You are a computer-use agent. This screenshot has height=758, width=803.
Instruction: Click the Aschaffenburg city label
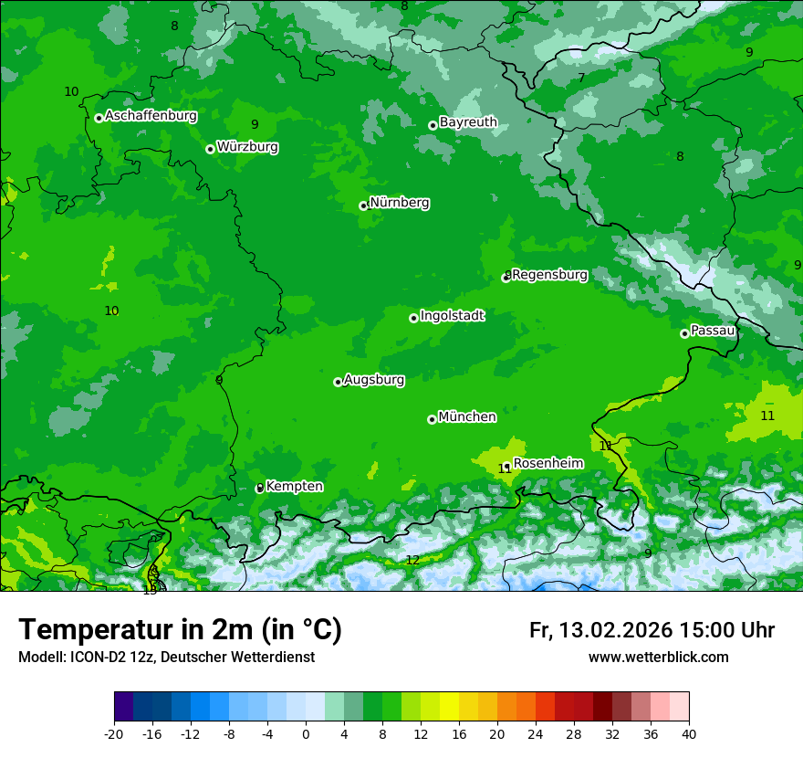pos(151,116)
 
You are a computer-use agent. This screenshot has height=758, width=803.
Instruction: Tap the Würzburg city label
pos(247,147)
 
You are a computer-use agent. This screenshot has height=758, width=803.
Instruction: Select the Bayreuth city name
pos(468,122)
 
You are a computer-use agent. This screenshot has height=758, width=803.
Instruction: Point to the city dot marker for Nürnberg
pos(363,205)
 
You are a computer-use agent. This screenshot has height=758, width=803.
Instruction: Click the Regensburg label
pos(550,275)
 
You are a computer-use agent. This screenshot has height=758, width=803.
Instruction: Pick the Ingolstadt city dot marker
pos(413,318)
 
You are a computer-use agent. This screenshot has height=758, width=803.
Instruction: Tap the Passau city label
pos(713,331)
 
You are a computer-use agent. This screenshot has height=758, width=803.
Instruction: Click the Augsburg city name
pos(374,380)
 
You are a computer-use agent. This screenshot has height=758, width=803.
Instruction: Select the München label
pos(467,417)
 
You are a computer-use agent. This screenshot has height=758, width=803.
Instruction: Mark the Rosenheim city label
pos(547,464)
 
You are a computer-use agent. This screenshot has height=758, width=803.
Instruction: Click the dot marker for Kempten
pos(259,488)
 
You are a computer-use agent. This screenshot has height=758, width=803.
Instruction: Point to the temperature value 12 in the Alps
pos(412,560)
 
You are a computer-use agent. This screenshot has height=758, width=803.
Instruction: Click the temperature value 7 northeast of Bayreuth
pos(581,79)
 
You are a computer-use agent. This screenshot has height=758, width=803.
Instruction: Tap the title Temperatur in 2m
pos(180,630)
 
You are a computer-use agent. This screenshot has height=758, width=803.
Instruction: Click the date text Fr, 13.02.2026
pos(600,631)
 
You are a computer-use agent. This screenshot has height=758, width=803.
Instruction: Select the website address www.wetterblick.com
pos(658,658)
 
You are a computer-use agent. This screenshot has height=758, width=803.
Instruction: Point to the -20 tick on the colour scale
pos(113,734)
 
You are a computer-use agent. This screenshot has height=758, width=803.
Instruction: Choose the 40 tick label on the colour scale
pos(689,734)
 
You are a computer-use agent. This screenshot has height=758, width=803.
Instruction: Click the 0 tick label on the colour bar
pos(305,734)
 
